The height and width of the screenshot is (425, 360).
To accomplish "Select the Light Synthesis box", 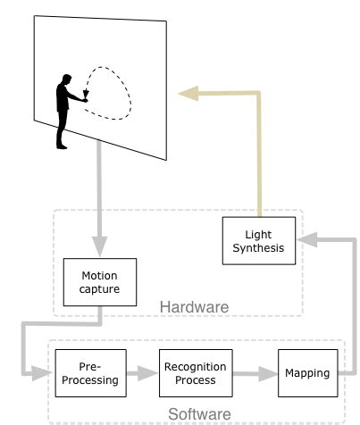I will (x=258, y=240).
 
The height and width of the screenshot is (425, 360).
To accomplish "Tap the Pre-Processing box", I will (x=87, y=373).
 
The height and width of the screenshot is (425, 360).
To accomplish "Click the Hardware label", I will (x=194, y=307).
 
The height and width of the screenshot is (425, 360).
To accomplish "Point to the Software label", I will (x=199, y=414).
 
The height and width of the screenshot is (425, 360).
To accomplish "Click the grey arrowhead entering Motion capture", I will (x=99, y=249).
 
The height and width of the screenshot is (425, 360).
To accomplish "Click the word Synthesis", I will (x=258, y=247).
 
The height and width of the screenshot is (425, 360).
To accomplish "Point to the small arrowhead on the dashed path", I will (x=86, y=92).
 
